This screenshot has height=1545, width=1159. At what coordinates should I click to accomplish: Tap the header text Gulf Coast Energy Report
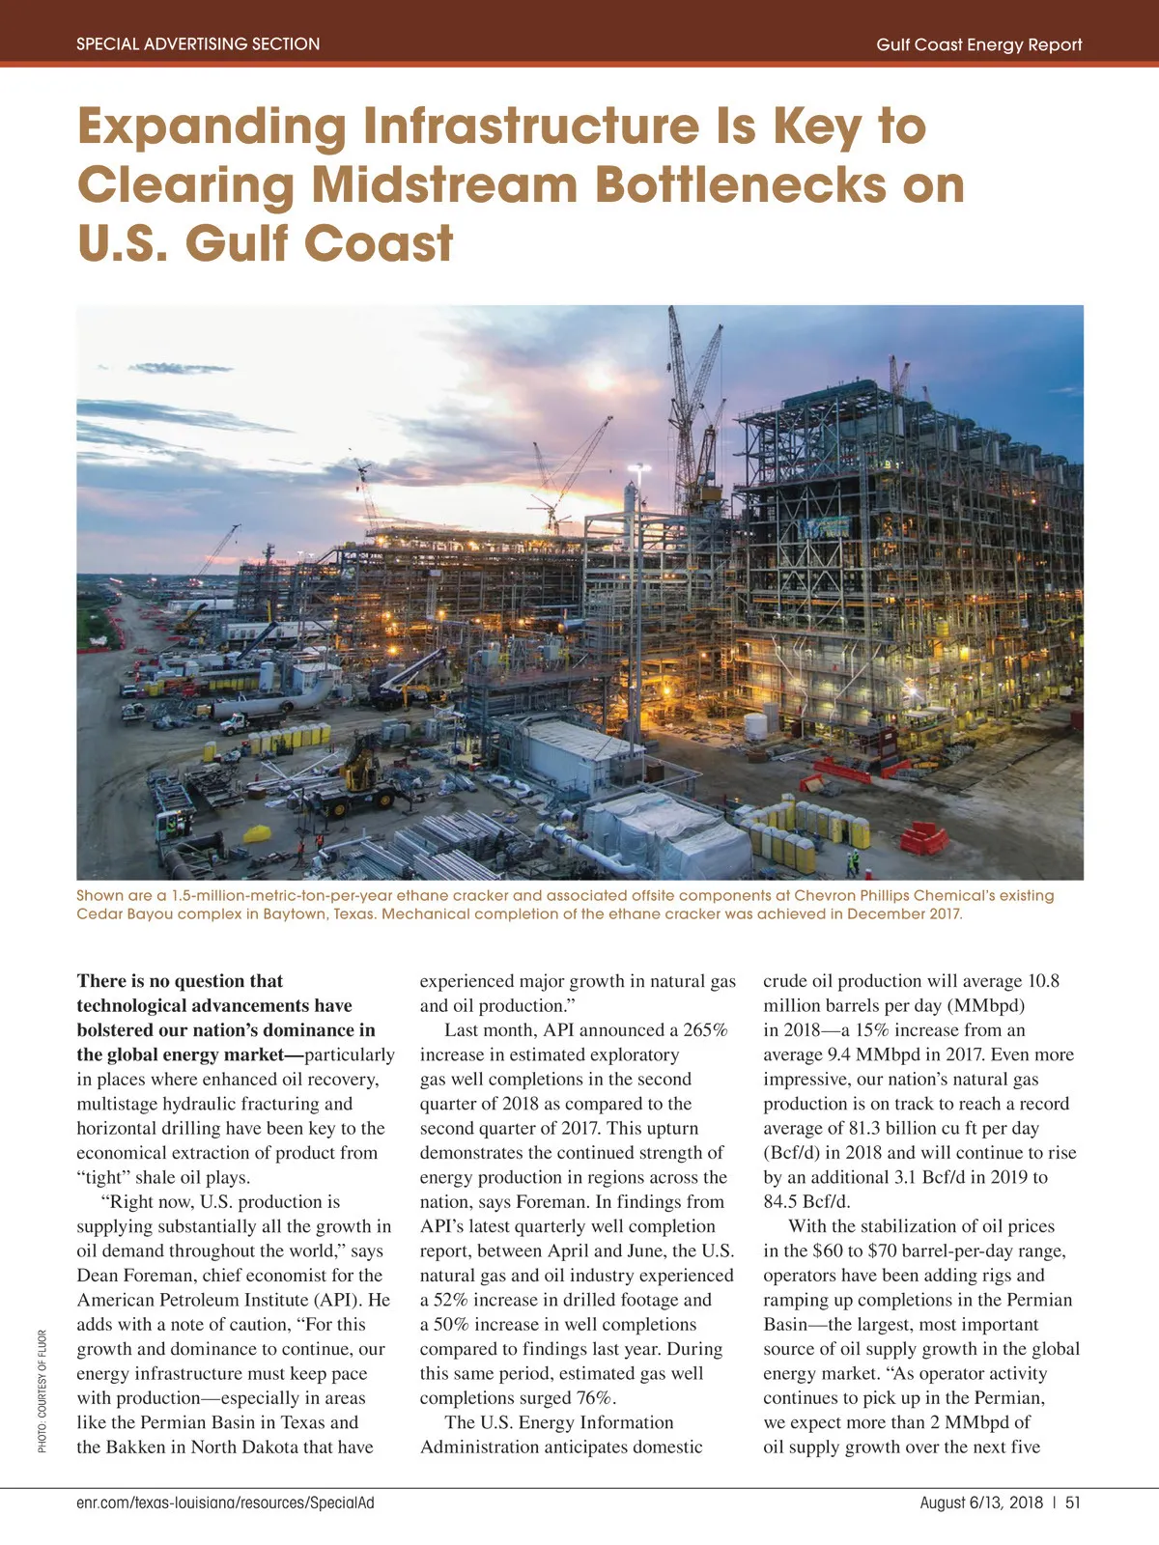pos(978,44)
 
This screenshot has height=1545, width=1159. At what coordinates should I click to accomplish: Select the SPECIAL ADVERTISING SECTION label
pos(198,43)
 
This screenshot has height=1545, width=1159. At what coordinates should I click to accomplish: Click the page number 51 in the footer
pos(1073,1503)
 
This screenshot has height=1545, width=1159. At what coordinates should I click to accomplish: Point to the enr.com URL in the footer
pos(225,1503)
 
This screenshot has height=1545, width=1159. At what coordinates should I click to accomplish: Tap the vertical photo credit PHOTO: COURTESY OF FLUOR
pos(42,1390)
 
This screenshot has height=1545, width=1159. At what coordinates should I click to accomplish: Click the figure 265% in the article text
pos(706,1030)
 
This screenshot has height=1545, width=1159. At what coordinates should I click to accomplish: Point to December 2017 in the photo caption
pos(903,913)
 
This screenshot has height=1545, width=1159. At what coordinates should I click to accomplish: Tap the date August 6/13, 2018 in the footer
pos(981,1503)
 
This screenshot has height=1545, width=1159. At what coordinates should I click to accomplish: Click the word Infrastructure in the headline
pos(530,126)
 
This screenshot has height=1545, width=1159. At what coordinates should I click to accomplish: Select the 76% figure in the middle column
pos(597,1398)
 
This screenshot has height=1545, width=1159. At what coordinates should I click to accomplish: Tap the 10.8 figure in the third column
pos(1043,981)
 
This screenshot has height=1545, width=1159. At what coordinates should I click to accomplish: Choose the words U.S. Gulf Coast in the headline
pos(265,242)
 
